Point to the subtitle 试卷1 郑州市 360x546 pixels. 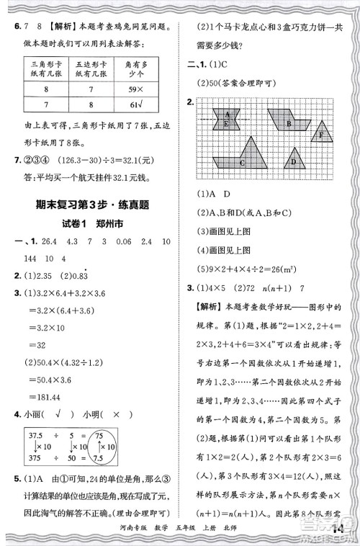pos(94,223)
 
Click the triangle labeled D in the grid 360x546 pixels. pos(293,158)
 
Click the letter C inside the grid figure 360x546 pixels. pos(242,162)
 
